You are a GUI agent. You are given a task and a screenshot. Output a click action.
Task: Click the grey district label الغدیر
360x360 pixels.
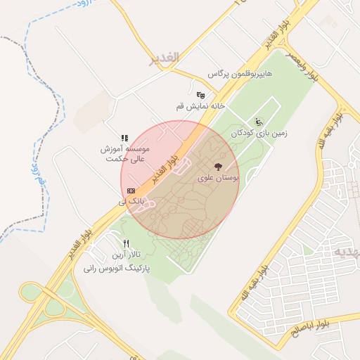click(165, 56)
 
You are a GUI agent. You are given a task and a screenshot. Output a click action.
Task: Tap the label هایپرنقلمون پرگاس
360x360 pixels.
click(243, 73)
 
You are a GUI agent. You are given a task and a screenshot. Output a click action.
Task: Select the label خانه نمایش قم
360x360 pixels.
click(200, 105)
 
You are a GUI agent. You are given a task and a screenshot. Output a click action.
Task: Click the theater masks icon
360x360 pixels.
click(200, 95)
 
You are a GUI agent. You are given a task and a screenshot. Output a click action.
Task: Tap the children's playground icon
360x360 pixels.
click(259, 121)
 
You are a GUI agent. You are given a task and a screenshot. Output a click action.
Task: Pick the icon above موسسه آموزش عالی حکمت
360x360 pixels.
click(124, 139)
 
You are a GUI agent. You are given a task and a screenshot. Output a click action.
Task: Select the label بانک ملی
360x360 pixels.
click(131, 200)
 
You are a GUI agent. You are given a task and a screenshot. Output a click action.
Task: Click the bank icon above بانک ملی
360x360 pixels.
click(131, 191)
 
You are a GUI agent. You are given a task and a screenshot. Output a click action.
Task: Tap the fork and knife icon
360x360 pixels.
click(127, 243)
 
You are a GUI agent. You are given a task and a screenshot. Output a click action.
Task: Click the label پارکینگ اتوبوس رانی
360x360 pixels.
click(116, 267)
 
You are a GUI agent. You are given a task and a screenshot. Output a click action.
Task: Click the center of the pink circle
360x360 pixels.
click(179, 179)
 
